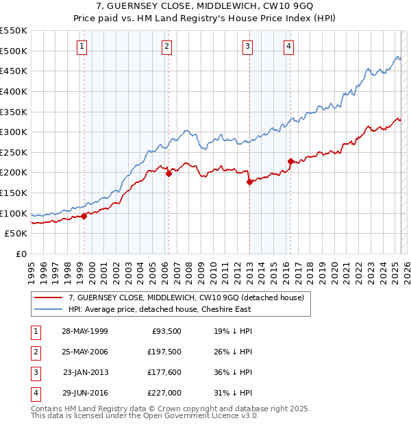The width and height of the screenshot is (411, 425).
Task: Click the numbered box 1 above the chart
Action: pos(82,47)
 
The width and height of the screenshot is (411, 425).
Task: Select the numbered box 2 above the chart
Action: pos(166,47)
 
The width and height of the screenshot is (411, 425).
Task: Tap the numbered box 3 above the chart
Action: pos(247,47)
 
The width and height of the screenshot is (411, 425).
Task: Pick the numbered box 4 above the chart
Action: pos(289,47)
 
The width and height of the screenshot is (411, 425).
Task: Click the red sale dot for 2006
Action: pos(169,173)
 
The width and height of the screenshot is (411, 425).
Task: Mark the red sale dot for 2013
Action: pos(249,182)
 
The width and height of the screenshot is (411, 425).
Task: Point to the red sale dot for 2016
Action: pos(290,162)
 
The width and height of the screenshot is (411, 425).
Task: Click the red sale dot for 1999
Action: pos(84,216)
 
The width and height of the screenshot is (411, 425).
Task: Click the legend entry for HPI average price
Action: pos(160,309)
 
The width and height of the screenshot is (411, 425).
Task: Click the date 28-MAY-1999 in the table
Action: pos(85,332)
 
